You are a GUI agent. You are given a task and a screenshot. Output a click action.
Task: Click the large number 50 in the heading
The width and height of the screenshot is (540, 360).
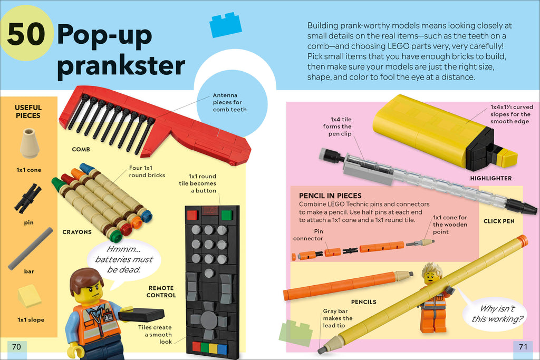click(x=27, y=35)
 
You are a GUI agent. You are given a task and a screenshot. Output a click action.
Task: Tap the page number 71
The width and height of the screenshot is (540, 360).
click(x=523, y=346)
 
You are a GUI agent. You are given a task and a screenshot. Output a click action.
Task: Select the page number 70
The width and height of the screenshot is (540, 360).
click(x=16, y=346)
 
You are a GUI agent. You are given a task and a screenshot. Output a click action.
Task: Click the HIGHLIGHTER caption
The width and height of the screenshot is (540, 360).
click(x=491, y=178)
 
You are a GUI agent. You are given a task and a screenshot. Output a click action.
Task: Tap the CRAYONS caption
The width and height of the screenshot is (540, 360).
click(x=77, y=232)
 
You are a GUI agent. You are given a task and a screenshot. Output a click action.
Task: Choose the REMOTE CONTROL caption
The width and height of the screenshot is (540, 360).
click(x=162, y=292)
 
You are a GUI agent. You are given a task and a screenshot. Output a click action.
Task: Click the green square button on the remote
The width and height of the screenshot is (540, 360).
click(x=227, y=215)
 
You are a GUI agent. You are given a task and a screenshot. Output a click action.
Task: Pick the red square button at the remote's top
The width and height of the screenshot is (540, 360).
click(x=192, y=215)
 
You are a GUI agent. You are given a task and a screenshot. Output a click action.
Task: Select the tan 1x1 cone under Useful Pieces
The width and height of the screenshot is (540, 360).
click(x=28, y=143)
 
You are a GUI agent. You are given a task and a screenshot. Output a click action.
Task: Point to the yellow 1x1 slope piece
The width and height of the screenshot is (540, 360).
click(x=29, y=296)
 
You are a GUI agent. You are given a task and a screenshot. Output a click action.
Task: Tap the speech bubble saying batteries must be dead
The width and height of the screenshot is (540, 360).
click(x=124, y=259)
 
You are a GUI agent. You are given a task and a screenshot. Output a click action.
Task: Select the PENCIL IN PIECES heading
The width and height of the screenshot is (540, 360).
click(x=330, y=196)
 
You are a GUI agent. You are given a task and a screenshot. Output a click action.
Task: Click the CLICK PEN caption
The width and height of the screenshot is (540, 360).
click(x=499, y=221)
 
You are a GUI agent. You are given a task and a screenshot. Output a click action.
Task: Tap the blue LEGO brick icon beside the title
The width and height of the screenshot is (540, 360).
click(x=226, y=25)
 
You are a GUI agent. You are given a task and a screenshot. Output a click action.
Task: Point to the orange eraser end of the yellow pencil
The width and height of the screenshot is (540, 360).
click(x=522, y=241)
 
